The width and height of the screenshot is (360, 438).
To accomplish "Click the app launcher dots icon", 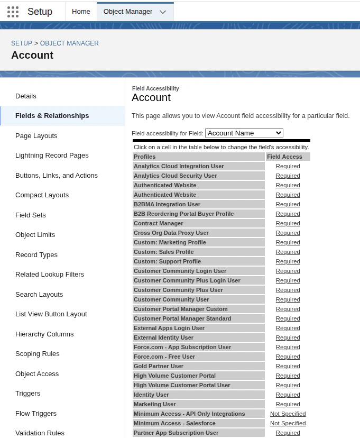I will [13, 12].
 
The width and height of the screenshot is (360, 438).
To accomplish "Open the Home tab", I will [81, 12].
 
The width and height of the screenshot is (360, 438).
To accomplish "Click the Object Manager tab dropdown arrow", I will [162, 12].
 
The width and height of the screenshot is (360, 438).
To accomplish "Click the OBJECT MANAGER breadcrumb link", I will [69, 43].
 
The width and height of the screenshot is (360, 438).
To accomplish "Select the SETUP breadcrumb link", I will [22, 43].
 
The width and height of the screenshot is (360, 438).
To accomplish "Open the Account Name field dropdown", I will [244, 133].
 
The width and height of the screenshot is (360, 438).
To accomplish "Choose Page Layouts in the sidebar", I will [36, 136].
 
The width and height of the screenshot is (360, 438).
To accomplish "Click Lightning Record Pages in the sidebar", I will [52, 156].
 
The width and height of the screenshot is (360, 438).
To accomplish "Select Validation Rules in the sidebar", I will [40, 433].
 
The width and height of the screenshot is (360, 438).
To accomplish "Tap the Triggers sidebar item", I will [27, 394].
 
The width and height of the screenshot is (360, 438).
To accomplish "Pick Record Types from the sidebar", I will [36, 255].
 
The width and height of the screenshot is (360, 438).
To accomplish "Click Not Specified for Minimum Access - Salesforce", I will [288, 423].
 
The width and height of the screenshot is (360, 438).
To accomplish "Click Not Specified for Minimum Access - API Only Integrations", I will [288, 414].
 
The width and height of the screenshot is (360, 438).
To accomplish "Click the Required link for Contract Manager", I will [288, 223].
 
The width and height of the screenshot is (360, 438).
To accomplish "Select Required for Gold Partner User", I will [288, 366].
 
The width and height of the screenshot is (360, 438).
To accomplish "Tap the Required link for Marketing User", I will [288, 404].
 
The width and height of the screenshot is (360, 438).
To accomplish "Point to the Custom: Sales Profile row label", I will [163, 252].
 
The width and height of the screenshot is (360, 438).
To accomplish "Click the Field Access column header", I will [284, 157].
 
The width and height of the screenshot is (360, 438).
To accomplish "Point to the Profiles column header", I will [145, 157].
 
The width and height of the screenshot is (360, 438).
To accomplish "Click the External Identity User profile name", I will [163, 337].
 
